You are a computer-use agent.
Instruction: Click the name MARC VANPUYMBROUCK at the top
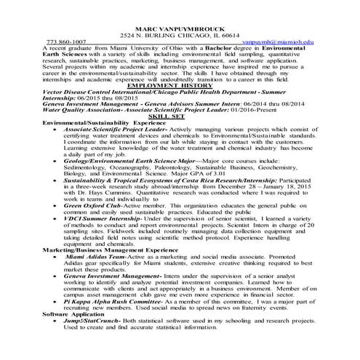tap(180, 27)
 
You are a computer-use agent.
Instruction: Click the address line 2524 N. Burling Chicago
tap(180, 35)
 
